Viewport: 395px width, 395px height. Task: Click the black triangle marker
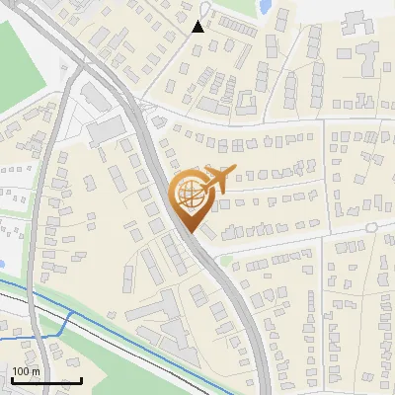(198, 27)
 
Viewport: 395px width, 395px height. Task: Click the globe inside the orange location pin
(191, 196)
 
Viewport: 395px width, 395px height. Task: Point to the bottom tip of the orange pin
(191, 233)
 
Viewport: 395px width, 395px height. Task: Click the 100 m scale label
(26, 371)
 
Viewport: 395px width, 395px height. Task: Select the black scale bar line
(46, 381)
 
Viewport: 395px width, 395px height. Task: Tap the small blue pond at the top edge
(263, 6)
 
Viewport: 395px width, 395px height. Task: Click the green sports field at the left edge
(18, 59)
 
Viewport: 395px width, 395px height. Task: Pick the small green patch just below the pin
(225, 261)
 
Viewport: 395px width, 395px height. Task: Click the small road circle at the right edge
(372, 227)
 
